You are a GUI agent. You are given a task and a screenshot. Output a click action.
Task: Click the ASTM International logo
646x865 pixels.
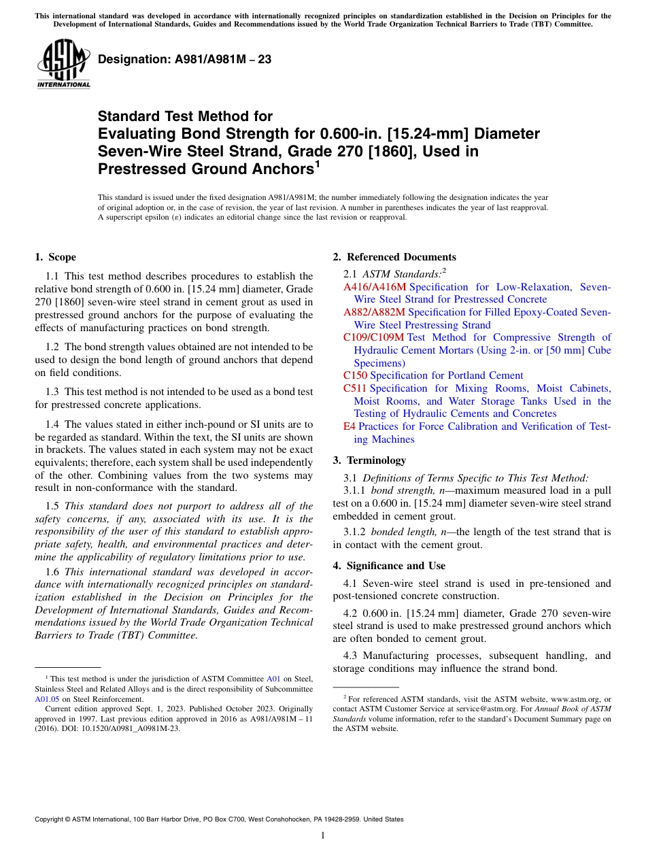[63, 64]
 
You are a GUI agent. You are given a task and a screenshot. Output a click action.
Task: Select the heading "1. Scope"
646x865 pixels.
[55, 257]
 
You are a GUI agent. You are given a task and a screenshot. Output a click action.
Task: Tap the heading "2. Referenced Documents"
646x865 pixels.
[394, 257]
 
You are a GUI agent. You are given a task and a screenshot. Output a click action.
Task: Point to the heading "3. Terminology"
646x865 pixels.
[369, 460]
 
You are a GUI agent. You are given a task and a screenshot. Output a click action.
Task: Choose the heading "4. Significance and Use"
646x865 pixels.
[389, 566]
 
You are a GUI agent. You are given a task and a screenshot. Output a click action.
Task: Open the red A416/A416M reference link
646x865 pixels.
[375, 287]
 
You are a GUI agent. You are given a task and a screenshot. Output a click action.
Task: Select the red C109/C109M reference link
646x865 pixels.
[374, 337]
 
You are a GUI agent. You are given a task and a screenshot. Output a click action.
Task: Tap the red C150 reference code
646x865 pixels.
[355, 375]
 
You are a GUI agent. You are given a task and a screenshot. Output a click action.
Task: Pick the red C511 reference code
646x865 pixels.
[355, 388]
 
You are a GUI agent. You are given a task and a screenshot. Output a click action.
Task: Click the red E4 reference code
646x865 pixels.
[350, 426]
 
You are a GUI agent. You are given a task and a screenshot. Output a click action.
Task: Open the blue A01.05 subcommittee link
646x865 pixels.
[46, 698]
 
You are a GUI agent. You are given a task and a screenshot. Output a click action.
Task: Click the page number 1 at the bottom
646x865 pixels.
[323, 835]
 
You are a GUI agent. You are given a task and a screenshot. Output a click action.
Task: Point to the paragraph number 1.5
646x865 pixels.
[52, 506]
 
